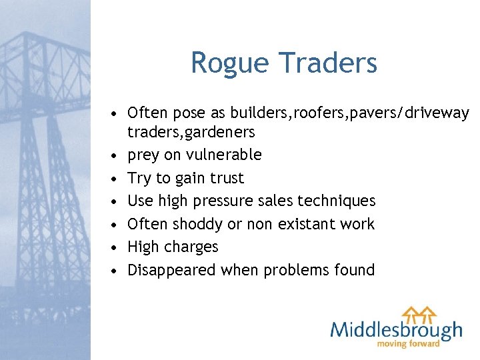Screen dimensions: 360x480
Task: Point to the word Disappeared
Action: (171, 270)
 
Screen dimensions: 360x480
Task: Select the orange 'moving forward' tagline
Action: (409, 344)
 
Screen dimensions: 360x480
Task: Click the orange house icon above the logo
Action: (419, 313)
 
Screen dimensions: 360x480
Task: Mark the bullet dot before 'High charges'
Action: (115, 247)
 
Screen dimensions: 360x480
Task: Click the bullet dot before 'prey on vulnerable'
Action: (115, 155)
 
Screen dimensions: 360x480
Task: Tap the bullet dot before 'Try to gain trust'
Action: (115, 179)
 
